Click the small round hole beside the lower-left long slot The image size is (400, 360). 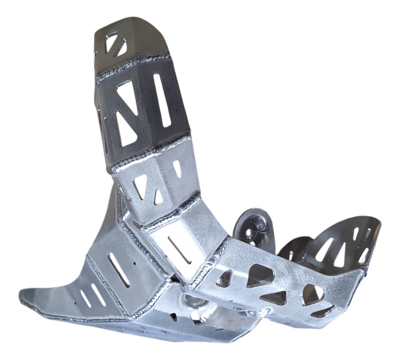135,263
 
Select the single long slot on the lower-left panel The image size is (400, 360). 119,270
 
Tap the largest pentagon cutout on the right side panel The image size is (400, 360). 260,275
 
